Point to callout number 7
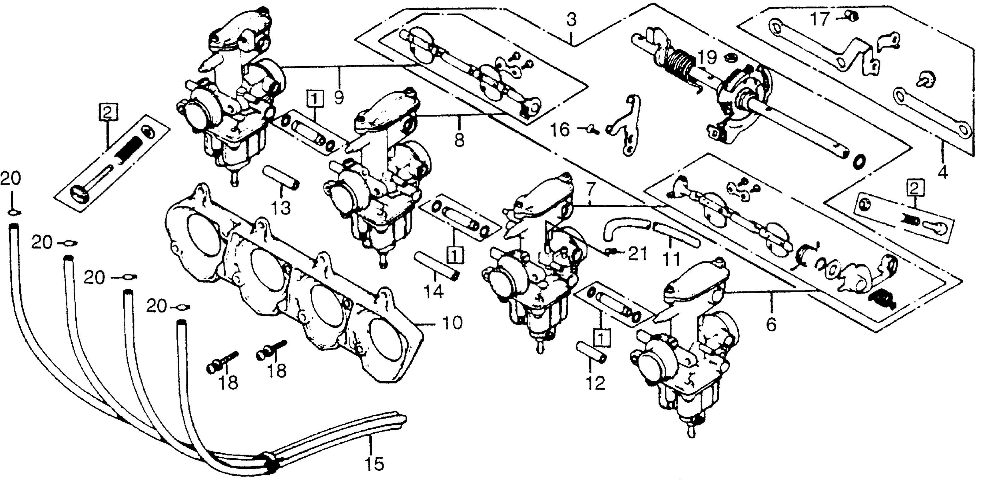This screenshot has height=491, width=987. [x=591, y=189]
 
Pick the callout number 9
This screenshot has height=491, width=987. [x=339, y=97]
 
